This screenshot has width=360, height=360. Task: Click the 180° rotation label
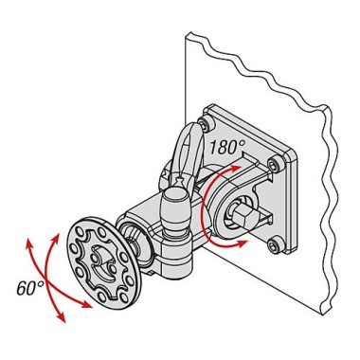click(227, 147)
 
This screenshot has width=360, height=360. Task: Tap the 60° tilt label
click(30, 288)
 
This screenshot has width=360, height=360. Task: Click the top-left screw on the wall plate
click(206, 124)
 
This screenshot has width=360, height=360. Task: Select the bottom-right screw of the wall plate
click(274, 246)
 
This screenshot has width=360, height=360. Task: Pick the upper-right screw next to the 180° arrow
click(274, 165)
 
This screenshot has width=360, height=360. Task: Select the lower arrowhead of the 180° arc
click(242, 243)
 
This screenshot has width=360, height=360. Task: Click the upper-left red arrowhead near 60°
click(28, 244)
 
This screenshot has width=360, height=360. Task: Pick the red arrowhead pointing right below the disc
click(86, 304)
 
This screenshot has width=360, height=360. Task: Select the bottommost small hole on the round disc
click(101, 297)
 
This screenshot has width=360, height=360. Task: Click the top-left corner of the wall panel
click(187, 34)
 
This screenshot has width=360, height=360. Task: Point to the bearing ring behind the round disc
click(134, 240)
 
